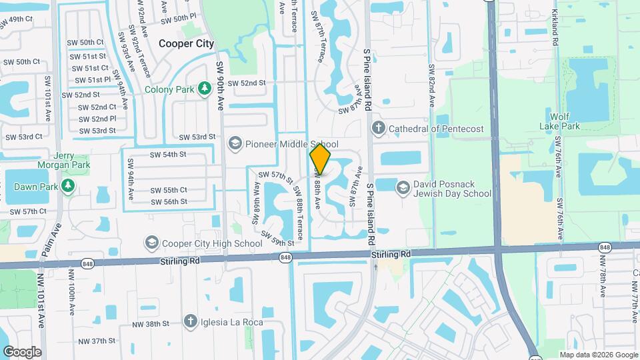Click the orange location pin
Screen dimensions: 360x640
(x=321, y=159)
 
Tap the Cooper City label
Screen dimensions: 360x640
(x=187, y=43)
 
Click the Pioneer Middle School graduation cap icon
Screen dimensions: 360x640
(x=234, y=144)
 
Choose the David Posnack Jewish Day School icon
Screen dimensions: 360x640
(x=403, y=189)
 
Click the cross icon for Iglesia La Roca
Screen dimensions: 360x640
(x=190, y=322)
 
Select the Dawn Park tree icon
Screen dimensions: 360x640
(x=67, y=185)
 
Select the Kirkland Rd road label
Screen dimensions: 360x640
(x=555, y=27)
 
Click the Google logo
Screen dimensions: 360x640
(x=22, y=351)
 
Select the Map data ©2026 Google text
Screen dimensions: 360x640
(x=598, y=355)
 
